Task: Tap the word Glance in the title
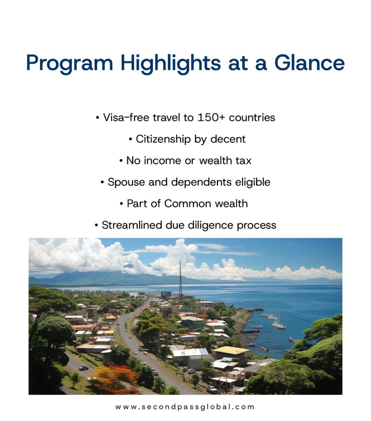tap(309, 63)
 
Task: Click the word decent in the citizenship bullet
tap(228, 139)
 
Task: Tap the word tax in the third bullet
tap(243, 161)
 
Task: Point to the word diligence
tap(211, 225)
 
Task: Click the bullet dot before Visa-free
tap(97, 118)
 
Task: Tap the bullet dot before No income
tap(121, 161)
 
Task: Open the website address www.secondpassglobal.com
tap(185, 407)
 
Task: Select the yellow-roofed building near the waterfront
tap(230, 351)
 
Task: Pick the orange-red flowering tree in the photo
tap(115, 376)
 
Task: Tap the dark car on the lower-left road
tap(83, 368)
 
